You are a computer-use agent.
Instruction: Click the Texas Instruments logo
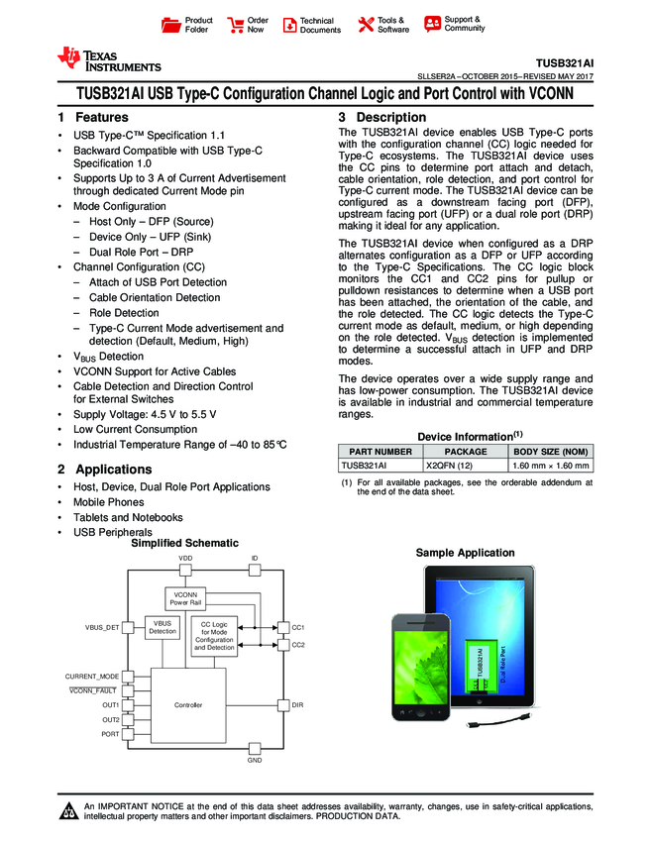point(109,60)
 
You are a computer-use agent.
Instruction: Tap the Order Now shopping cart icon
point(236,25)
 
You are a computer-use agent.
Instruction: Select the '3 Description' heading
point(377,118)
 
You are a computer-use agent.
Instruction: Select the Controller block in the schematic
point(188,704)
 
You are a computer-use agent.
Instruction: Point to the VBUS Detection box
point(163,627)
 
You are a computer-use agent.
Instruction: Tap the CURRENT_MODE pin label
point(92,676)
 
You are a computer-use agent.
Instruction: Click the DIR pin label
point(297,704)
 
